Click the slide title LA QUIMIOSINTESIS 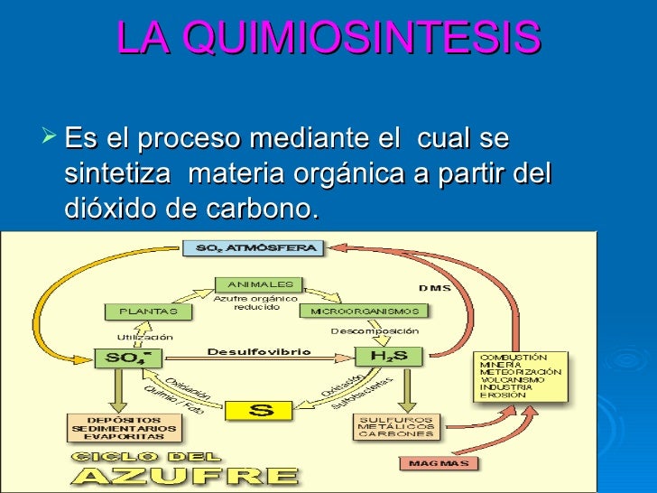(328, 38)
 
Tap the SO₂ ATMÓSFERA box (250, 247)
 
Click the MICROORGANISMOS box (364, 311)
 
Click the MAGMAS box (437, 463)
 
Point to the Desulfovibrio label (259, 351)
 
